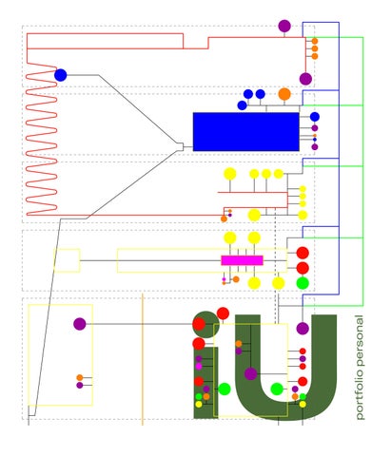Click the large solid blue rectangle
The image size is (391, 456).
pyautogui.click(x=246, y=132)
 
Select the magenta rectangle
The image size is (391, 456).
pyautogui.click(x=242, y=260)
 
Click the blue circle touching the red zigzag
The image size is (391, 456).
pyautogui.click(x=61, y=75)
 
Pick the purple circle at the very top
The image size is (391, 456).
pyautogui.click(x=284, y=26)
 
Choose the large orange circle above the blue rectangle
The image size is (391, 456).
pyautogui.click(x=284, y=94)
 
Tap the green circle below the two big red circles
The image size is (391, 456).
pyautogui.click(x=303, y=283)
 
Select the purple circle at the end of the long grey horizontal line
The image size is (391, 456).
pyautogui.click(x=80, y=324)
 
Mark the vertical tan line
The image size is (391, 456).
pyautogui.click(x=143, y=359)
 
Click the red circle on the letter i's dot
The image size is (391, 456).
pyautogui.click(x=199, y=324)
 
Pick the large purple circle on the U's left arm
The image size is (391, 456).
pyautogui.click(x=250, y=374)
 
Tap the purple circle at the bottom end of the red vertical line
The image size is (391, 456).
pyautogui.click(x=305, y=79)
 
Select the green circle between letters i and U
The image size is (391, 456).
pyautogui.click(x=225, y=389)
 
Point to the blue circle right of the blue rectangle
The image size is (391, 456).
pyautogui.click(x=315, y=117)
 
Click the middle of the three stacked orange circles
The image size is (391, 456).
pyautogui.click(x=315, y=48)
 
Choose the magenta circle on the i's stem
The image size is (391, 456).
pyautogui.click(x=199, y=367)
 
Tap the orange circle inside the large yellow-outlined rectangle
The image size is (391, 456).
pyautogui.click(x=80, y=377)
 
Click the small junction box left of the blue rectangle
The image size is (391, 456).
pyautogui.click(x=180, y=147)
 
